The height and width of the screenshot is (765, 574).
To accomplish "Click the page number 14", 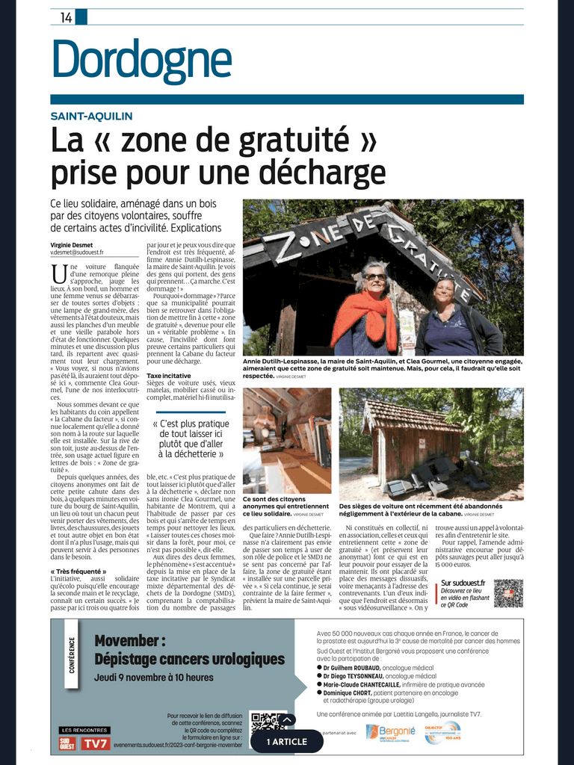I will [x=67, y=19].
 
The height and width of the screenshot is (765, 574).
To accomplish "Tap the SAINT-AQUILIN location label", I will [x=91, y=116].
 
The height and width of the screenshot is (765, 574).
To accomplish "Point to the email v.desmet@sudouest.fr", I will [x=77, y=253].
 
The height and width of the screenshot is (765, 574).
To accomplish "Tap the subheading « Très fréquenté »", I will [x=78, y=572].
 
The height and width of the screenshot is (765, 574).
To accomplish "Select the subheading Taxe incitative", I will [x=169, y=376].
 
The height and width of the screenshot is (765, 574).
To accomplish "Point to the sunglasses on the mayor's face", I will [x=375, y=277].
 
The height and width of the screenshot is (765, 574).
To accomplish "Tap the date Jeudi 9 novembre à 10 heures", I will [x=154, y=678].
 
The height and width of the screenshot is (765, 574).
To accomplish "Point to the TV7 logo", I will [x=96, y=743].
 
